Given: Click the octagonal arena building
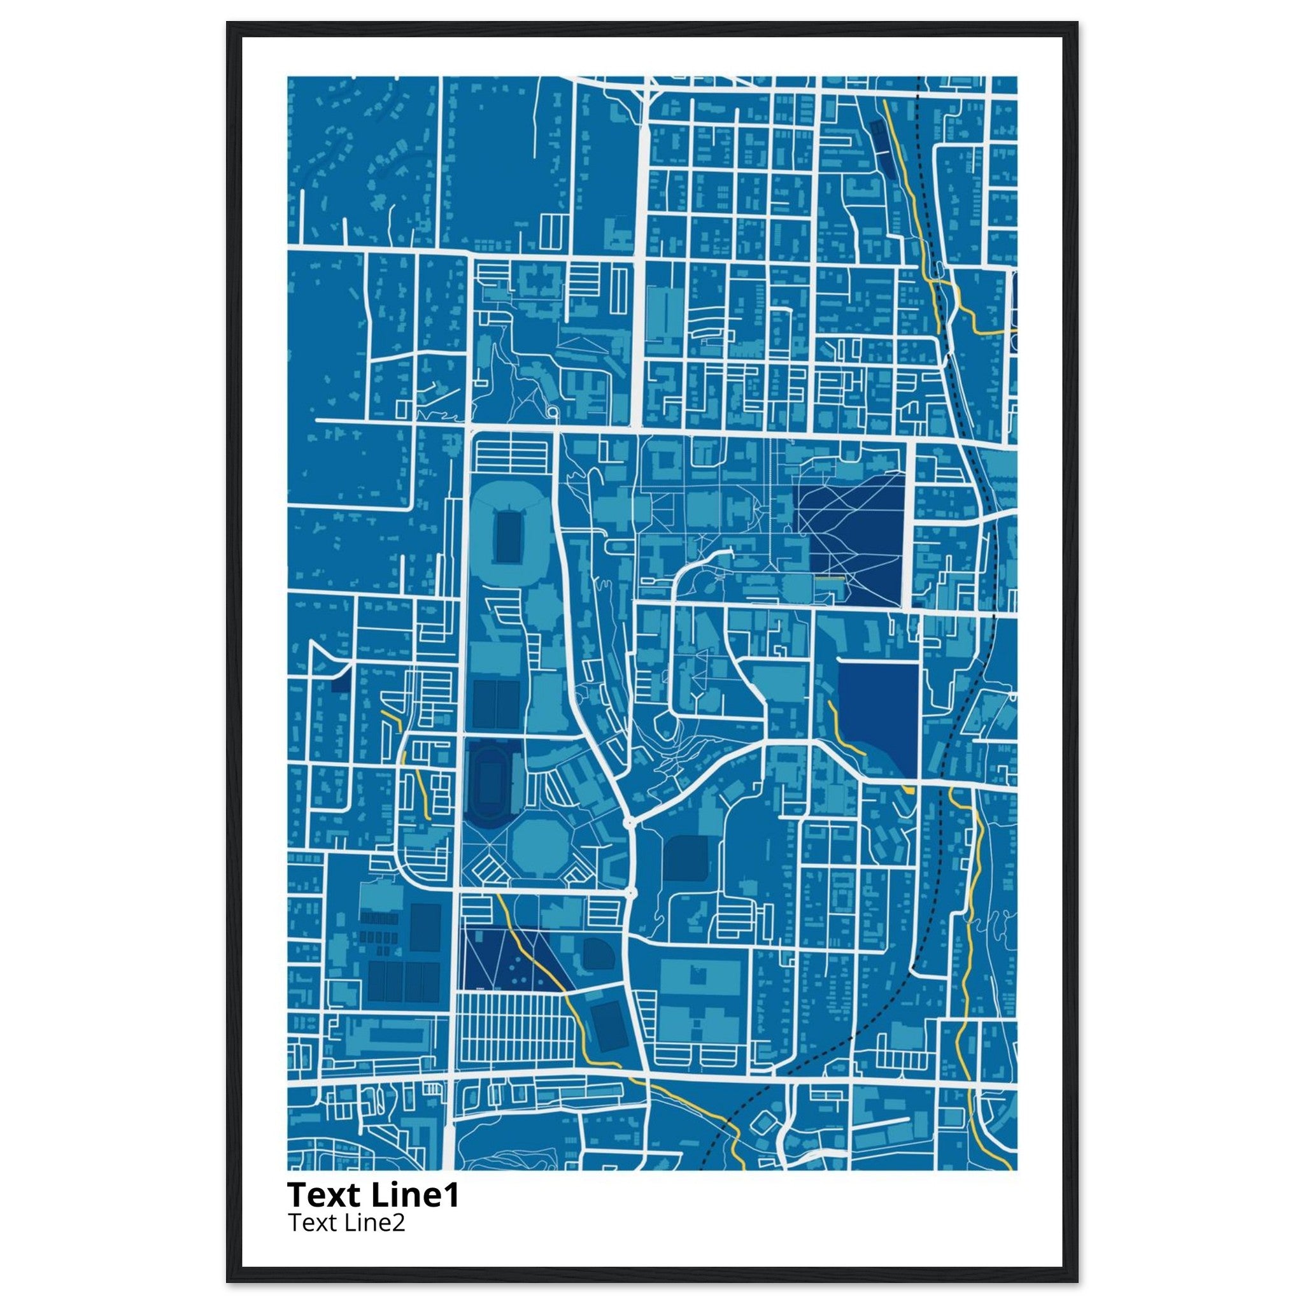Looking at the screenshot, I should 537,842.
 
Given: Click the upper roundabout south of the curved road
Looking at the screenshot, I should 629,823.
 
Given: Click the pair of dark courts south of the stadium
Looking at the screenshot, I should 494,704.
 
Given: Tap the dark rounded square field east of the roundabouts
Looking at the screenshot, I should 686,858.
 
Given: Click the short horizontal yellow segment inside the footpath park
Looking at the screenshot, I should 830,578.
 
